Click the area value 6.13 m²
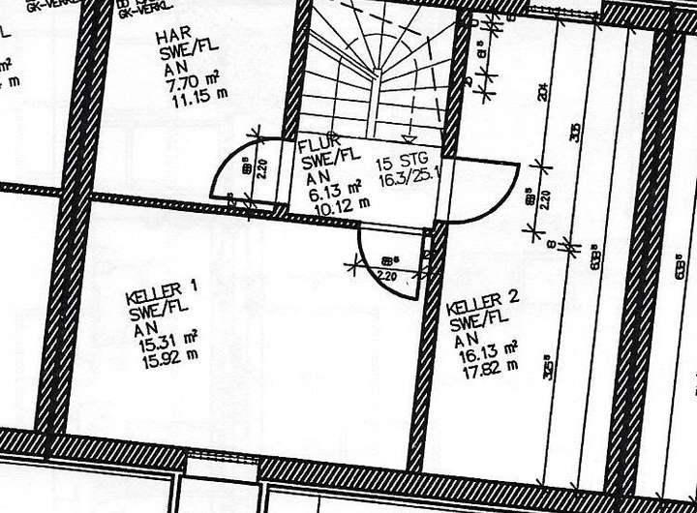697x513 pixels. [334, 191]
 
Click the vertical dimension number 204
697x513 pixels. [545, 93]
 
